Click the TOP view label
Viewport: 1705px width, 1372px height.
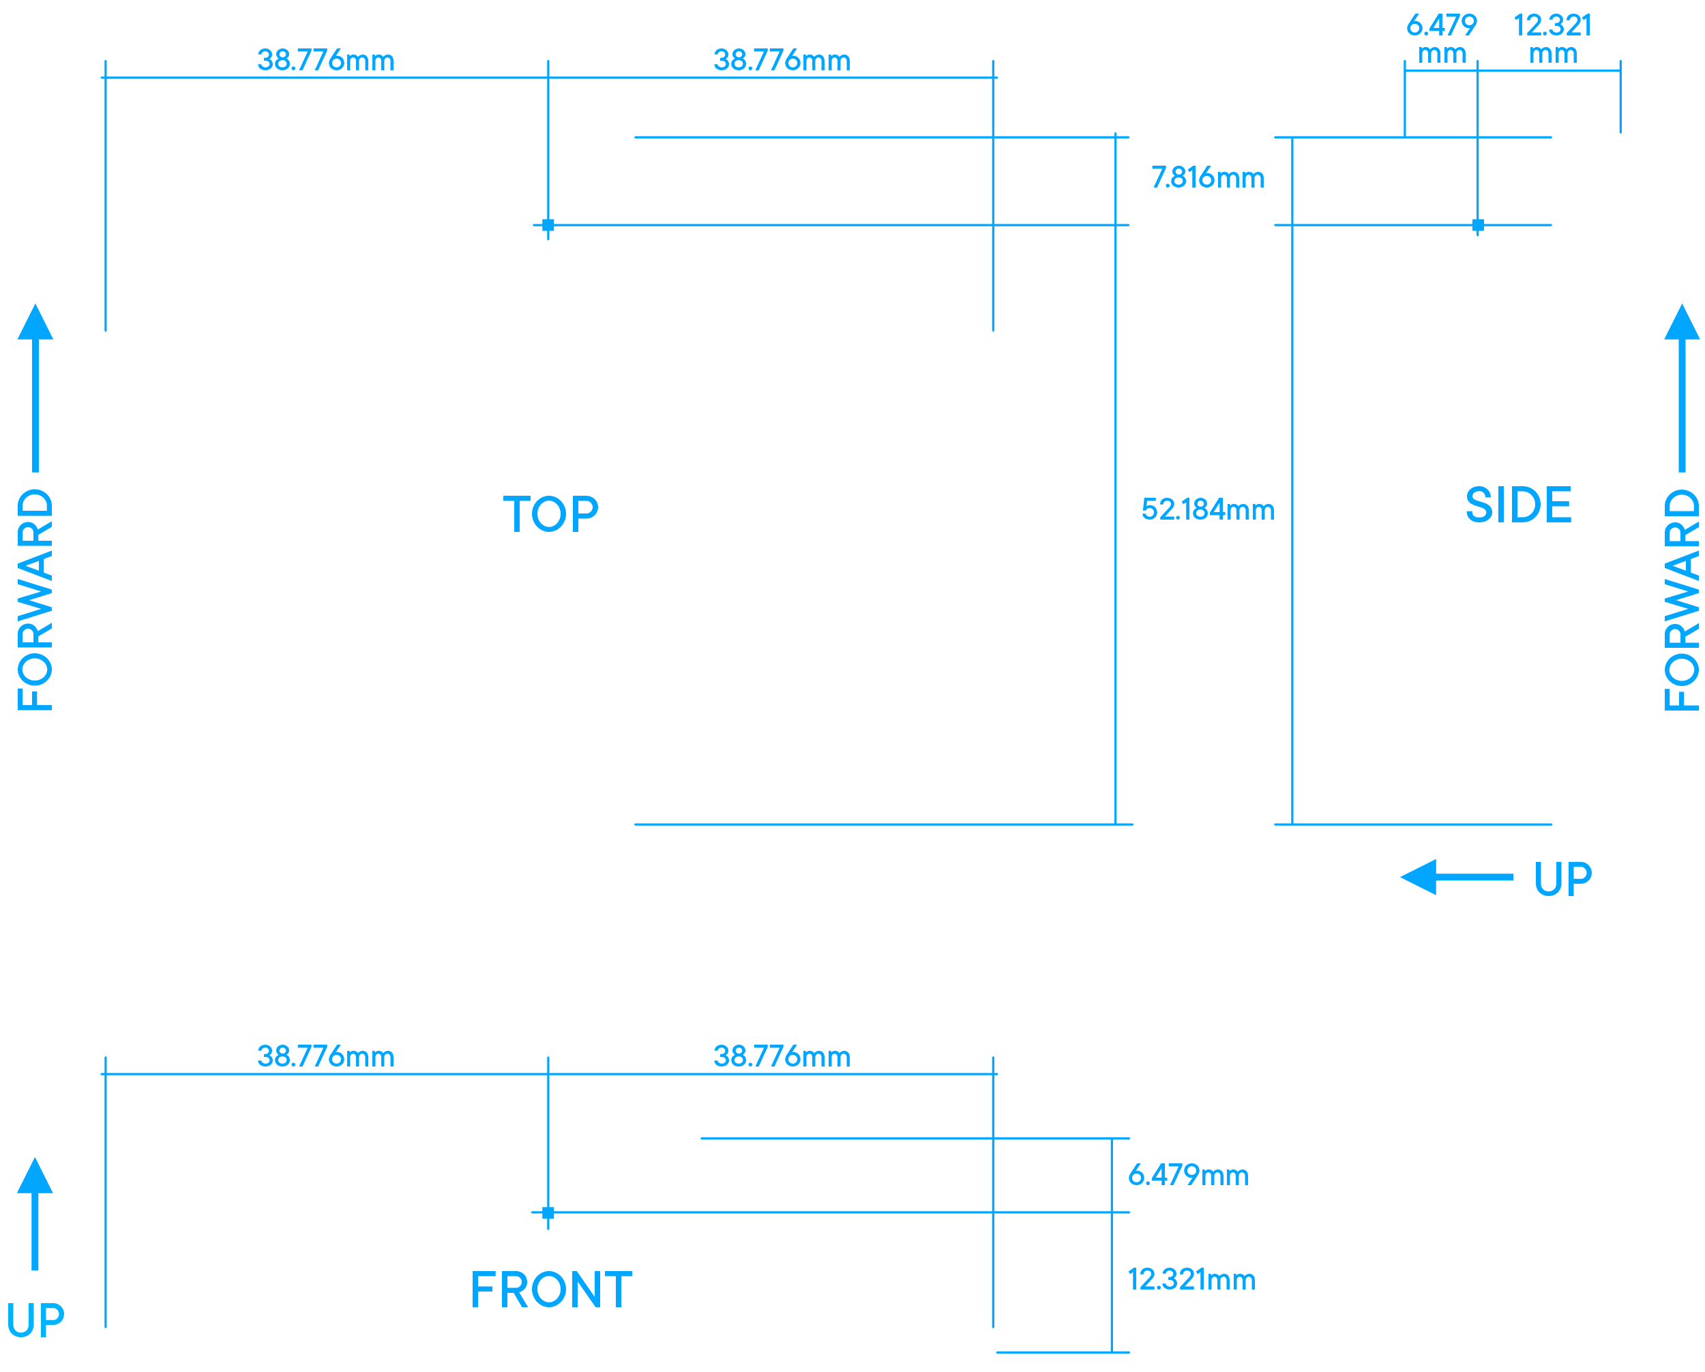pos(550,514)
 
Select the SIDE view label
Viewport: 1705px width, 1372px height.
pos(1517,505)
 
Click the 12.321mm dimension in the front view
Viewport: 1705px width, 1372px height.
pos(1190,1279)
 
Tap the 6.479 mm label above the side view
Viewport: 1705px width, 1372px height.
pos(1441,39)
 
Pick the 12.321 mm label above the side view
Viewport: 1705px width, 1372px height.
pos(1552,39)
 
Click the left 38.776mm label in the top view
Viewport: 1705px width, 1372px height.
pos(325,60)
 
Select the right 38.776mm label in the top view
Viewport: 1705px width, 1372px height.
pos(782,60)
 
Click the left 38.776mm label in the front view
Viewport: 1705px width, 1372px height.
pos(325,1056)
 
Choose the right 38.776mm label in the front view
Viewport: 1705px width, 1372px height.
pos(782,1056)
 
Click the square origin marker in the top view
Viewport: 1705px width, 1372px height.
pos(548,226)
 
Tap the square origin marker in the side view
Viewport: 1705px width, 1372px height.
pos(1477,226)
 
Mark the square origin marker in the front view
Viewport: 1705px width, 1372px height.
pos(548,1213)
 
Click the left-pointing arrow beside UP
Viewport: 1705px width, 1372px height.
pos(1455,877)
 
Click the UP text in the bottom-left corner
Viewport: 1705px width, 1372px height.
pos(35,1321)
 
